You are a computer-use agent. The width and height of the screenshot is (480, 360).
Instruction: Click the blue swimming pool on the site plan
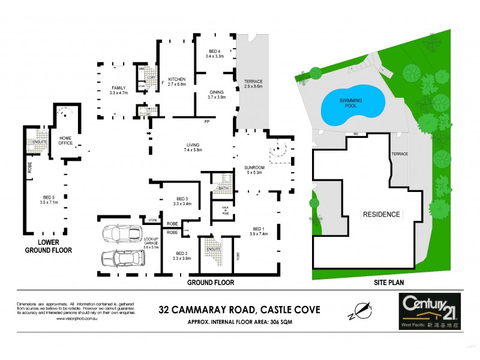pos(352,106)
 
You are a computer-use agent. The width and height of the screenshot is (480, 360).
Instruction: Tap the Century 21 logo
pos(425,310)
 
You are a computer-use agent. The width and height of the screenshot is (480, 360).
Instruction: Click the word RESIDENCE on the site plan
pos(380,214)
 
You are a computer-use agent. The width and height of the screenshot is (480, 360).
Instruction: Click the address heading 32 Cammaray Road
pos(239,310)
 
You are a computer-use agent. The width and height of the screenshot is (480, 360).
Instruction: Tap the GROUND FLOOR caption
pos(211,282)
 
